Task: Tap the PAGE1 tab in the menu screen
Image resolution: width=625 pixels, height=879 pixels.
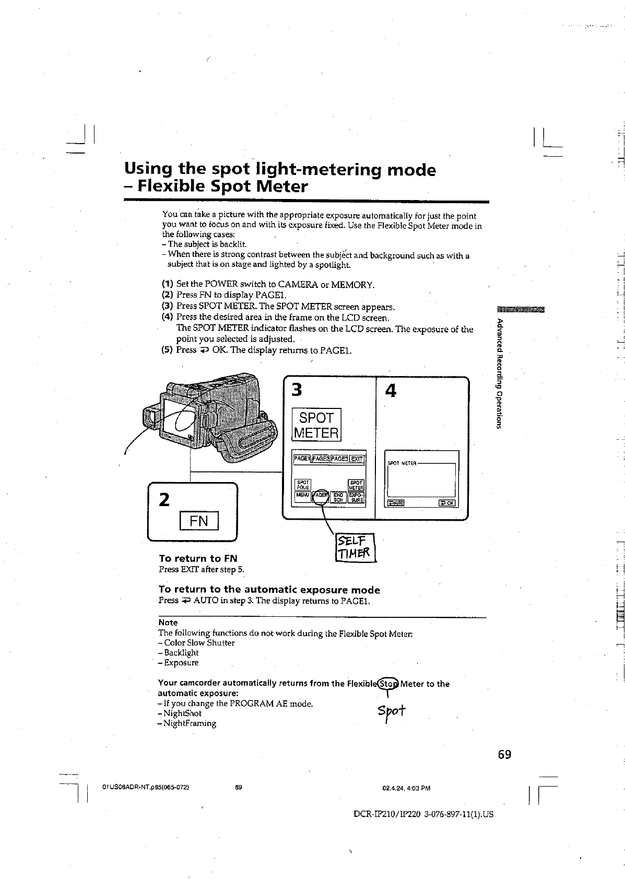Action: click(x=302, y=459)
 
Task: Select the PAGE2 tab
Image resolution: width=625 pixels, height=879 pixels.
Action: click(x=321, y=459)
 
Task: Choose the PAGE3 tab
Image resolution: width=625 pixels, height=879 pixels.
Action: click(x=339, y=459)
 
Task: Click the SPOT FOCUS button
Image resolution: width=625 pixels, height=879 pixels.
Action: click(x=303, y=484)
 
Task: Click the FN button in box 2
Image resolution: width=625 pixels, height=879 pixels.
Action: click(x=198, y=521)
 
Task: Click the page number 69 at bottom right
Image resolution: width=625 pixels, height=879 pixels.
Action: click(x=504, y=754)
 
